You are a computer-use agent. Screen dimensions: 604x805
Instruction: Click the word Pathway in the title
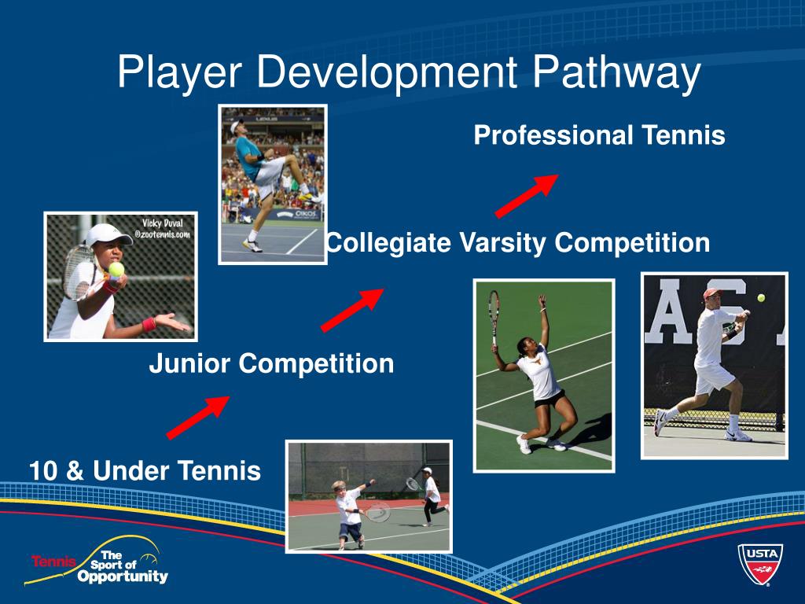coord(616,74)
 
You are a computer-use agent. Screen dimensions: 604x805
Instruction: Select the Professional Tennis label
coord(599,136)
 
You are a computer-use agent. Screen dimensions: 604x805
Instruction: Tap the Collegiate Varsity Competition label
coord(517,243)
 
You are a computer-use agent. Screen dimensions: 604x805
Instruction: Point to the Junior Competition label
coord(271,364)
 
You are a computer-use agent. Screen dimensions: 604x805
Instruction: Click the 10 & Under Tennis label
coord(145,471)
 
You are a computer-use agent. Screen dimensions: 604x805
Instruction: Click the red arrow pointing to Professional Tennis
coord(526,196)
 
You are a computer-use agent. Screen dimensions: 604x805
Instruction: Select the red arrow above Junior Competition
coord(352,310)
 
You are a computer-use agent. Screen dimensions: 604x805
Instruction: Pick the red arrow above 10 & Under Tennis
coord(198,417)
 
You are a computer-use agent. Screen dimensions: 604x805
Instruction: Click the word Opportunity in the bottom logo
coord(123,576)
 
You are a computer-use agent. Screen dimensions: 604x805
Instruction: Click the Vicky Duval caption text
coord(162,228)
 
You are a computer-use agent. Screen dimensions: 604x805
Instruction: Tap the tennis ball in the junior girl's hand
coord(116,269)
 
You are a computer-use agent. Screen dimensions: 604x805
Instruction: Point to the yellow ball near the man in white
coord(761,298)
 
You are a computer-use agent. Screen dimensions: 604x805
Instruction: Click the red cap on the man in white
coord(711,294)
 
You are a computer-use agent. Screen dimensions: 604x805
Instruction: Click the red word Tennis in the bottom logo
coord(53,562)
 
